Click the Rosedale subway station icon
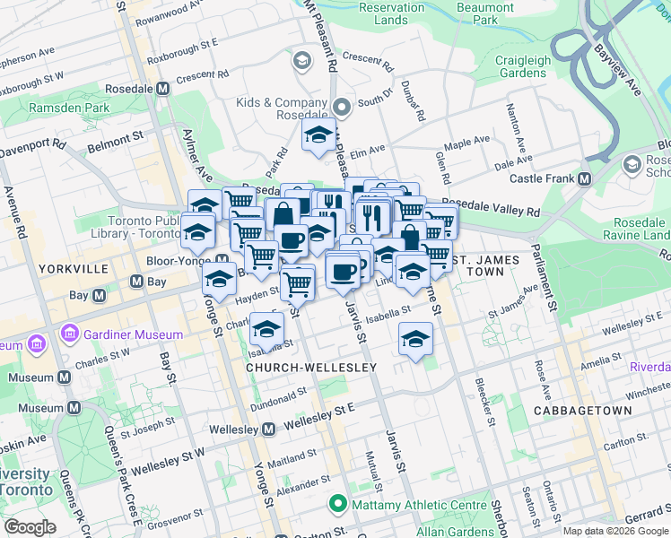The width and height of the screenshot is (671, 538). coord(163,90)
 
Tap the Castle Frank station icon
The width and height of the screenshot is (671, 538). coord(585,179)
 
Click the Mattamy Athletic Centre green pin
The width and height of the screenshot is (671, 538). coord(337,505)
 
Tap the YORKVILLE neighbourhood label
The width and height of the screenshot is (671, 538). coord(74,268)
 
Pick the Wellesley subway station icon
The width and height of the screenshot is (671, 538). coord(269,430)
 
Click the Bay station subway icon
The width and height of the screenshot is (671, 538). coord(136,282)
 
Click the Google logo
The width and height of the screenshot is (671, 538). coord(30,527)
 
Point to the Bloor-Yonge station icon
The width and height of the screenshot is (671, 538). coord(221,260)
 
